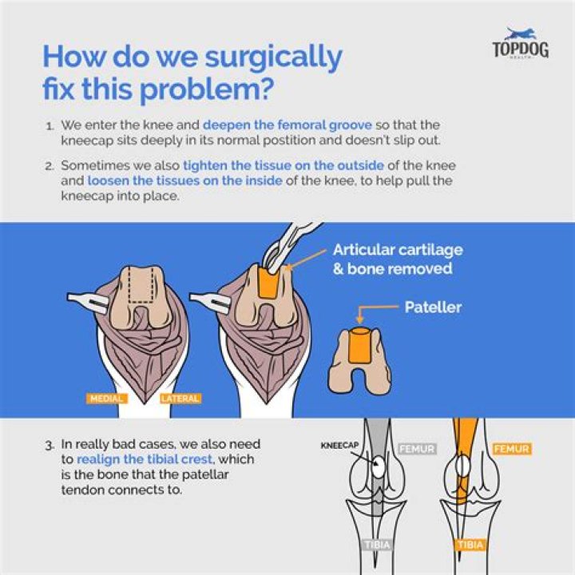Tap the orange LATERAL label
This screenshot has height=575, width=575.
180,398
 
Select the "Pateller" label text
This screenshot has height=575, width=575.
433,307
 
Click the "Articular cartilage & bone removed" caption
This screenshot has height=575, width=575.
398,259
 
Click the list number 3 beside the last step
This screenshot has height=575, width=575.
50,444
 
